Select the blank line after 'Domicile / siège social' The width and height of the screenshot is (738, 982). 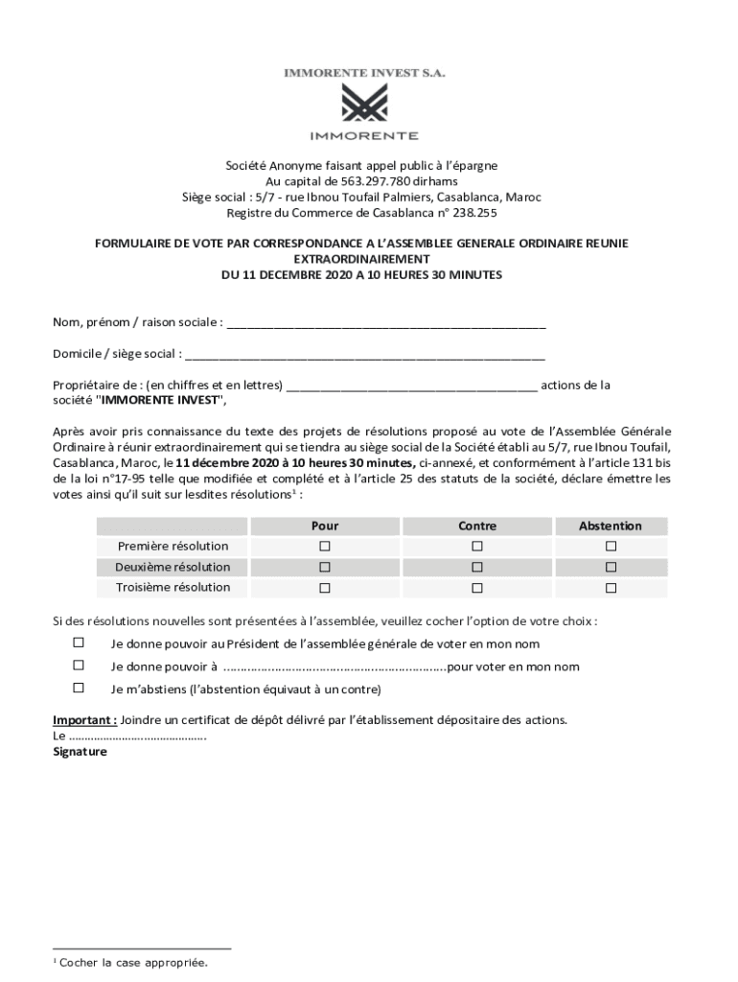[365, 354]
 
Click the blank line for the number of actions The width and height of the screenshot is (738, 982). [412, 386]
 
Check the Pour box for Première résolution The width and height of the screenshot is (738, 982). [325, 546]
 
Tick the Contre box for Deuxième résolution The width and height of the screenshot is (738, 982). [477, 567]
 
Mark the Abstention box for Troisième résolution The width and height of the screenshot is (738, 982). [611, 588]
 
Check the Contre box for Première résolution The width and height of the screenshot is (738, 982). [477, 546]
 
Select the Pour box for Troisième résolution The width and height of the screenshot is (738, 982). [325, 588]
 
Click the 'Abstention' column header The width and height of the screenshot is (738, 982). [611, 526]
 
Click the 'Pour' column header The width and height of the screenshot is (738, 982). [325, 526]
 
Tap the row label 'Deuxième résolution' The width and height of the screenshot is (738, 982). [173, 567]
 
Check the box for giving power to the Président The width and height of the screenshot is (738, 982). [79, 643]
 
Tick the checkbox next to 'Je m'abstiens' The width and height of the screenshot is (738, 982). [79, 688]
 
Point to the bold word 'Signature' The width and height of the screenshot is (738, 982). [81, 753]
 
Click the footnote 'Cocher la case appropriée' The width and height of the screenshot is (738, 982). [133, 962]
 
